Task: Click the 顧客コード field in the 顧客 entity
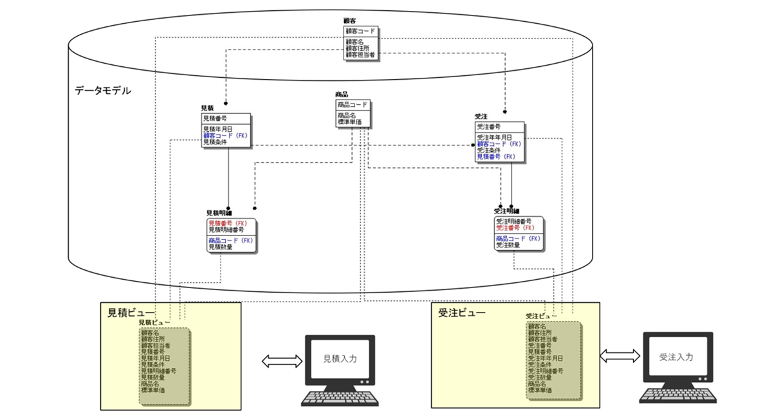360,31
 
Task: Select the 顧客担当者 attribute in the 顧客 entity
360,55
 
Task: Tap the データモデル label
103,91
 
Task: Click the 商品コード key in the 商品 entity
353,105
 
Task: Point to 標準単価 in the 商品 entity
350,122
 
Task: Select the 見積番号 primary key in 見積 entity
215,118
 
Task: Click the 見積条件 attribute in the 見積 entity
215,142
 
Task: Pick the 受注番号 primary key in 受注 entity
488,127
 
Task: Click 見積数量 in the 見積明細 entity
220,246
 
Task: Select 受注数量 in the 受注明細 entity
508,246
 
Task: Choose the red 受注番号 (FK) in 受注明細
515,228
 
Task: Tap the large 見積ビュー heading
131,312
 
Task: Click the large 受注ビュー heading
461,312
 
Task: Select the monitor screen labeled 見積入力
339,361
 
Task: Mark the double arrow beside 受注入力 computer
619,356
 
